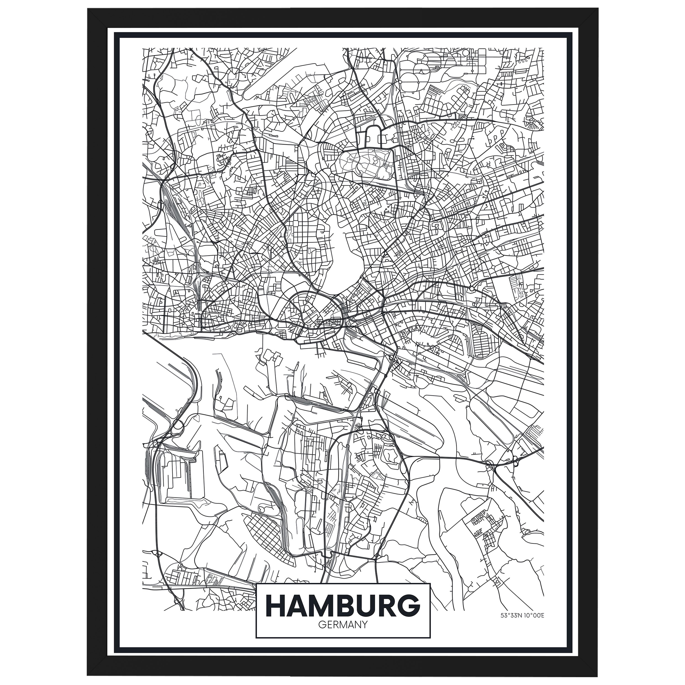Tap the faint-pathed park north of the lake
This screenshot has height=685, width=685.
point(365,161)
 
